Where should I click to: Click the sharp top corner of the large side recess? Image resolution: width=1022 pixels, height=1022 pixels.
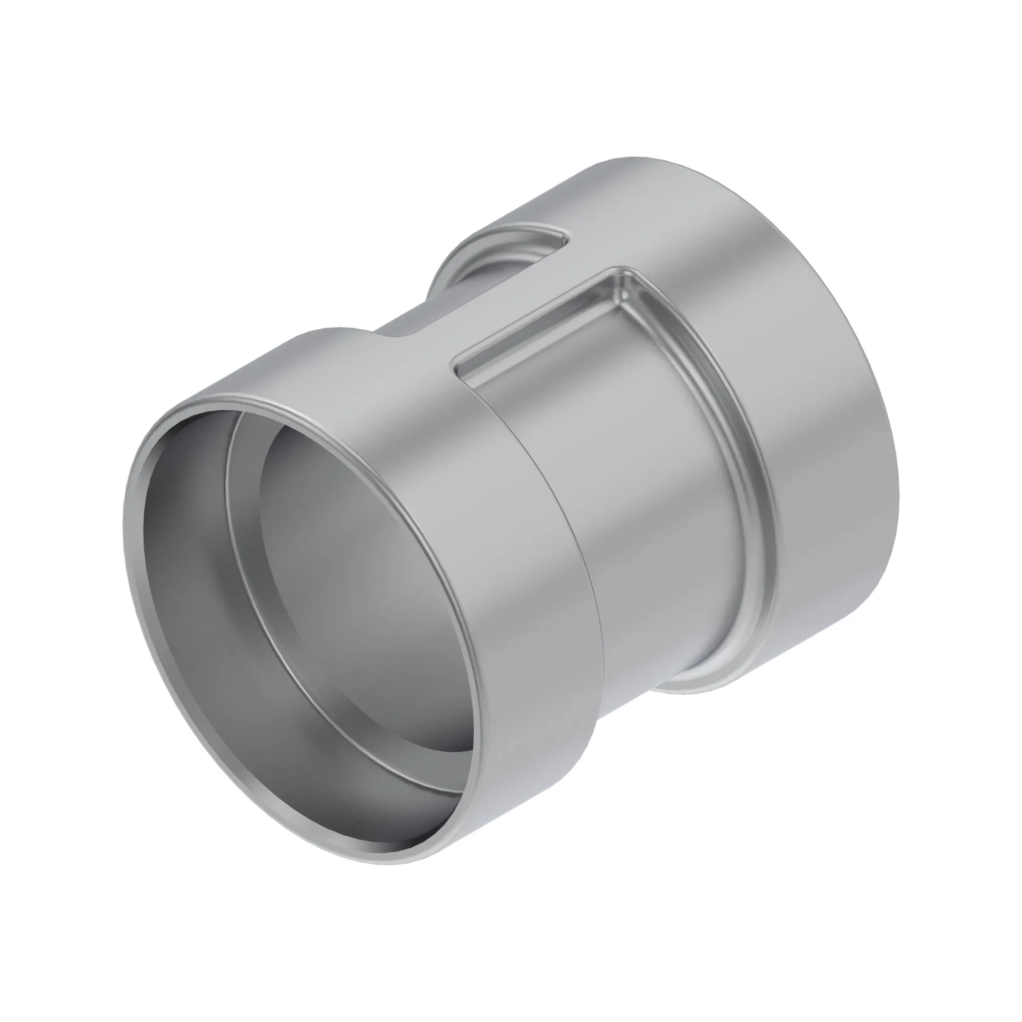(624, 271)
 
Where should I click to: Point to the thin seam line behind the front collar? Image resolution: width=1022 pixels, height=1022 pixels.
(582, 529)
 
